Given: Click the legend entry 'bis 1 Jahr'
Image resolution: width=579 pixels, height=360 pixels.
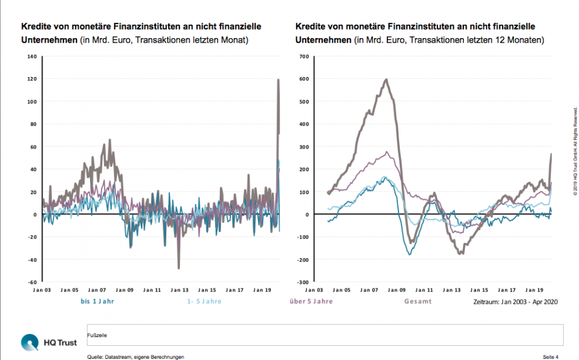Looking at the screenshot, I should pos(97,301).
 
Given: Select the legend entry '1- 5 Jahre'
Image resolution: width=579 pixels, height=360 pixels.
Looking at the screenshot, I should pos(204,301).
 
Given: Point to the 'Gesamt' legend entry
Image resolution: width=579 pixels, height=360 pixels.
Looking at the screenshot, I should pos(418,301).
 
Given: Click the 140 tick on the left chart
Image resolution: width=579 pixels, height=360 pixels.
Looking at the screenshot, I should pos(33,57).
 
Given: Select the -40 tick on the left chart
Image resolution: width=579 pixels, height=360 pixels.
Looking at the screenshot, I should pos(33,260).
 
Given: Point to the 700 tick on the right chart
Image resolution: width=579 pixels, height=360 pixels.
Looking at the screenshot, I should pos(302,57).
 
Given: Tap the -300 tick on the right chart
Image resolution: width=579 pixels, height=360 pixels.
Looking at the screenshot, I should pos(301,282).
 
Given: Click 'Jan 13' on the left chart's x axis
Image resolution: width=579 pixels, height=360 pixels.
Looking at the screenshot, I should pos(180,289).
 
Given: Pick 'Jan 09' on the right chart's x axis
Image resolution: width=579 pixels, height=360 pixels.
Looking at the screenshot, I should pos(398,289).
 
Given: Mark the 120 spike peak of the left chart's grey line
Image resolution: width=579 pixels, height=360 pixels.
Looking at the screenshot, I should pos(278,80).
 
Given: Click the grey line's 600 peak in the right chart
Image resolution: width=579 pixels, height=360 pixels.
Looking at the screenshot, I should pos(386,80).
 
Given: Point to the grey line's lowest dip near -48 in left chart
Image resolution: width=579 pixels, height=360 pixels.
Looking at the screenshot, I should pos(179,268).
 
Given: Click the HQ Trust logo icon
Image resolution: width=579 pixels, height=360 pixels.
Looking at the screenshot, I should pos(29,341).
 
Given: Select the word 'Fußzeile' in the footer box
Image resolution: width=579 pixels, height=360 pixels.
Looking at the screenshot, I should pos(98,336).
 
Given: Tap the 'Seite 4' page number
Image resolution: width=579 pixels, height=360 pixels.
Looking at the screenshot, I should pos(550,357).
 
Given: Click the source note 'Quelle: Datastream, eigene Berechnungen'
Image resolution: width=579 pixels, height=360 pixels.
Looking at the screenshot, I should pos(136,357).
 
